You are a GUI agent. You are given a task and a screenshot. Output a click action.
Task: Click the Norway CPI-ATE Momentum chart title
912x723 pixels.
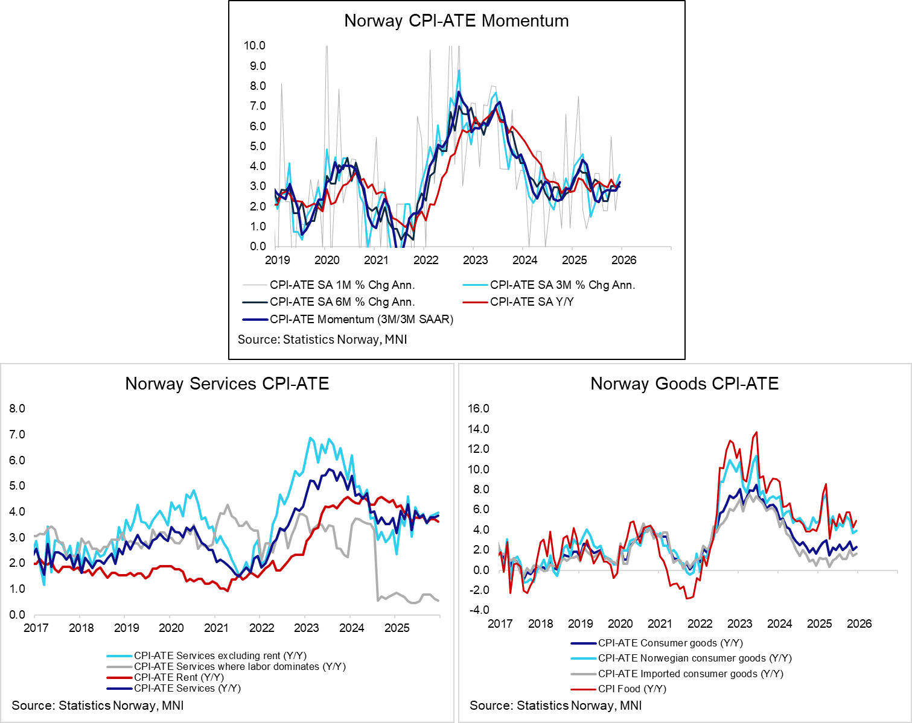click(456, 21)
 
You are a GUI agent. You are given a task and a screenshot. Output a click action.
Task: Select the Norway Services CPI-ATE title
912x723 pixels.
click(227, 384)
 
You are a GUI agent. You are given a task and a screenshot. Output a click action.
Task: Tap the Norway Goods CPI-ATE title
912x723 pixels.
click(684, 384)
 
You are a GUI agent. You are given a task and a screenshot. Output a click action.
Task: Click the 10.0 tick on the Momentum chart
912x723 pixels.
click(254, 45)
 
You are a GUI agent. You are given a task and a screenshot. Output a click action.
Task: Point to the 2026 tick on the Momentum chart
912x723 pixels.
click(623, 260)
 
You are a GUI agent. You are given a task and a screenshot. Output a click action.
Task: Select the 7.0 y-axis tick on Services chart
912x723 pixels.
click(17, 434)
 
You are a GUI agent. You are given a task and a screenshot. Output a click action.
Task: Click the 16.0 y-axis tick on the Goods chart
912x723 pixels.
click(479, 408)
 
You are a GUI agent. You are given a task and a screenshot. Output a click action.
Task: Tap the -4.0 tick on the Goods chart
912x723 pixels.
click(479, 610)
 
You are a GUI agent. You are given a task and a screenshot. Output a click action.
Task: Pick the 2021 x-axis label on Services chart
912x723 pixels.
click(216, 627)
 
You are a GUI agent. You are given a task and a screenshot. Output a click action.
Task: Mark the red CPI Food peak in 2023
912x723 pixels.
click(756, 432)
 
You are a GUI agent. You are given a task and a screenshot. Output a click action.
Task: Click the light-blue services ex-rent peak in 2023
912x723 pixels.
click(310, 438)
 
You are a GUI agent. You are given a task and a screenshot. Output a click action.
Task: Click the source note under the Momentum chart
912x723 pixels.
click(322, 339)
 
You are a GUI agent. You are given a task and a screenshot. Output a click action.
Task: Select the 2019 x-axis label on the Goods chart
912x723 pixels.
click(580, 624)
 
